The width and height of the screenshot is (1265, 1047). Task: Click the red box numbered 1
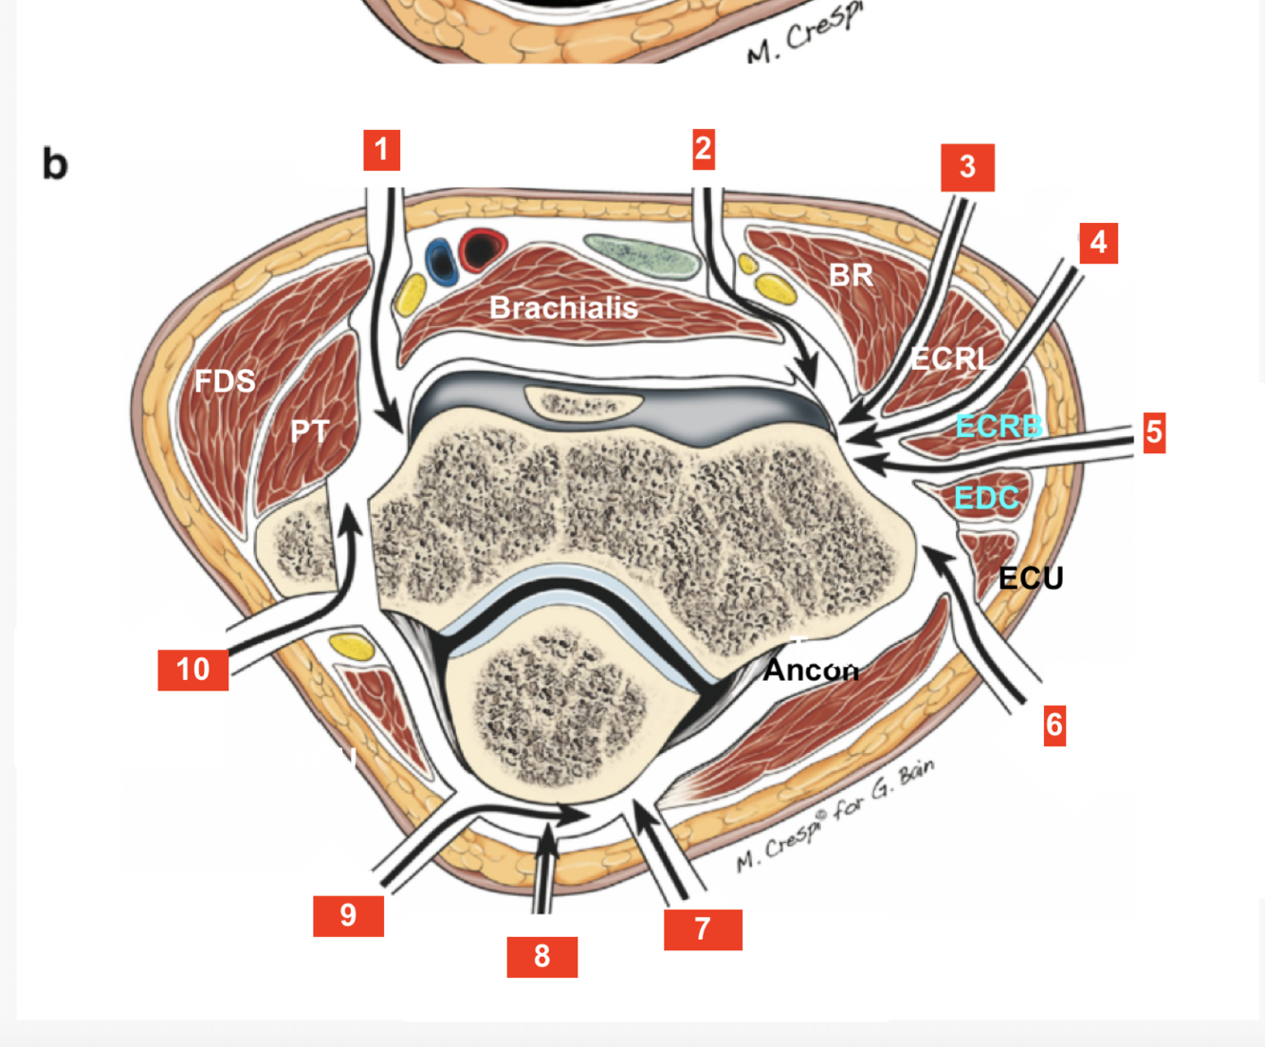[381, 150]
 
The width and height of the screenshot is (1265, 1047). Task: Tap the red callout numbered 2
[703, 149]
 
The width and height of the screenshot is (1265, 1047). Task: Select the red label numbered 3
[967, 167]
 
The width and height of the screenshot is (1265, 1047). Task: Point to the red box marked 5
[1153, 432]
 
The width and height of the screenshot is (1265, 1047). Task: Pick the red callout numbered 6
[1054, 726]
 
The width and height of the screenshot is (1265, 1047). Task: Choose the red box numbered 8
[541, 956]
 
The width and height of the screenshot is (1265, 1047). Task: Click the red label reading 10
[192, 670]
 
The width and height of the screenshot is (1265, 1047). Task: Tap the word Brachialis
[563, 307]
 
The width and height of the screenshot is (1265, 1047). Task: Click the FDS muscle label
[225, 381]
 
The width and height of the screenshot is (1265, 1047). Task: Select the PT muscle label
[310, 432]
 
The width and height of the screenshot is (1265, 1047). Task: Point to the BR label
[851, 275]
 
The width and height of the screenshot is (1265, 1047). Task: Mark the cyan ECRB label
[999, 427]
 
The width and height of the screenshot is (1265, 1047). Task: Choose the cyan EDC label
[986, 497]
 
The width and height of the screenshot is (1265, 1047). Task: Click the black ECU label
[1031, 578]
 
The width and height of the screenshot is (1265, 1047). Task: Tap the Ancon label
[811, 670]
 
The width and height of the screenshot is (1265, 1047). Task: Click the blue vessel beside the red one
[441, 260]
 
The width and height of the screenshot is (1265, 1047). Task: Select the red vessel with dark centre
[483, 248]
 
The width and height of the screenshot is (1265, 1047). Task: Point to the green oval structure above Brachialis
[642, 253]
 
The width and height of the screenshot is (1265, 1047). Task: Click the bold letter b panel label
[55, 164]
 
